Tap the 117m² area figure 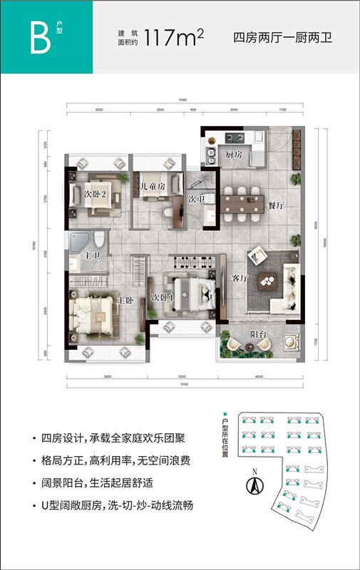[174, 38]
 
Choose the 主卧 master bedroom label [125, 301]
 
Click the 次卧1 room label [160, 296]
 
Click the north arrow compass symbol [251, 484]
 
